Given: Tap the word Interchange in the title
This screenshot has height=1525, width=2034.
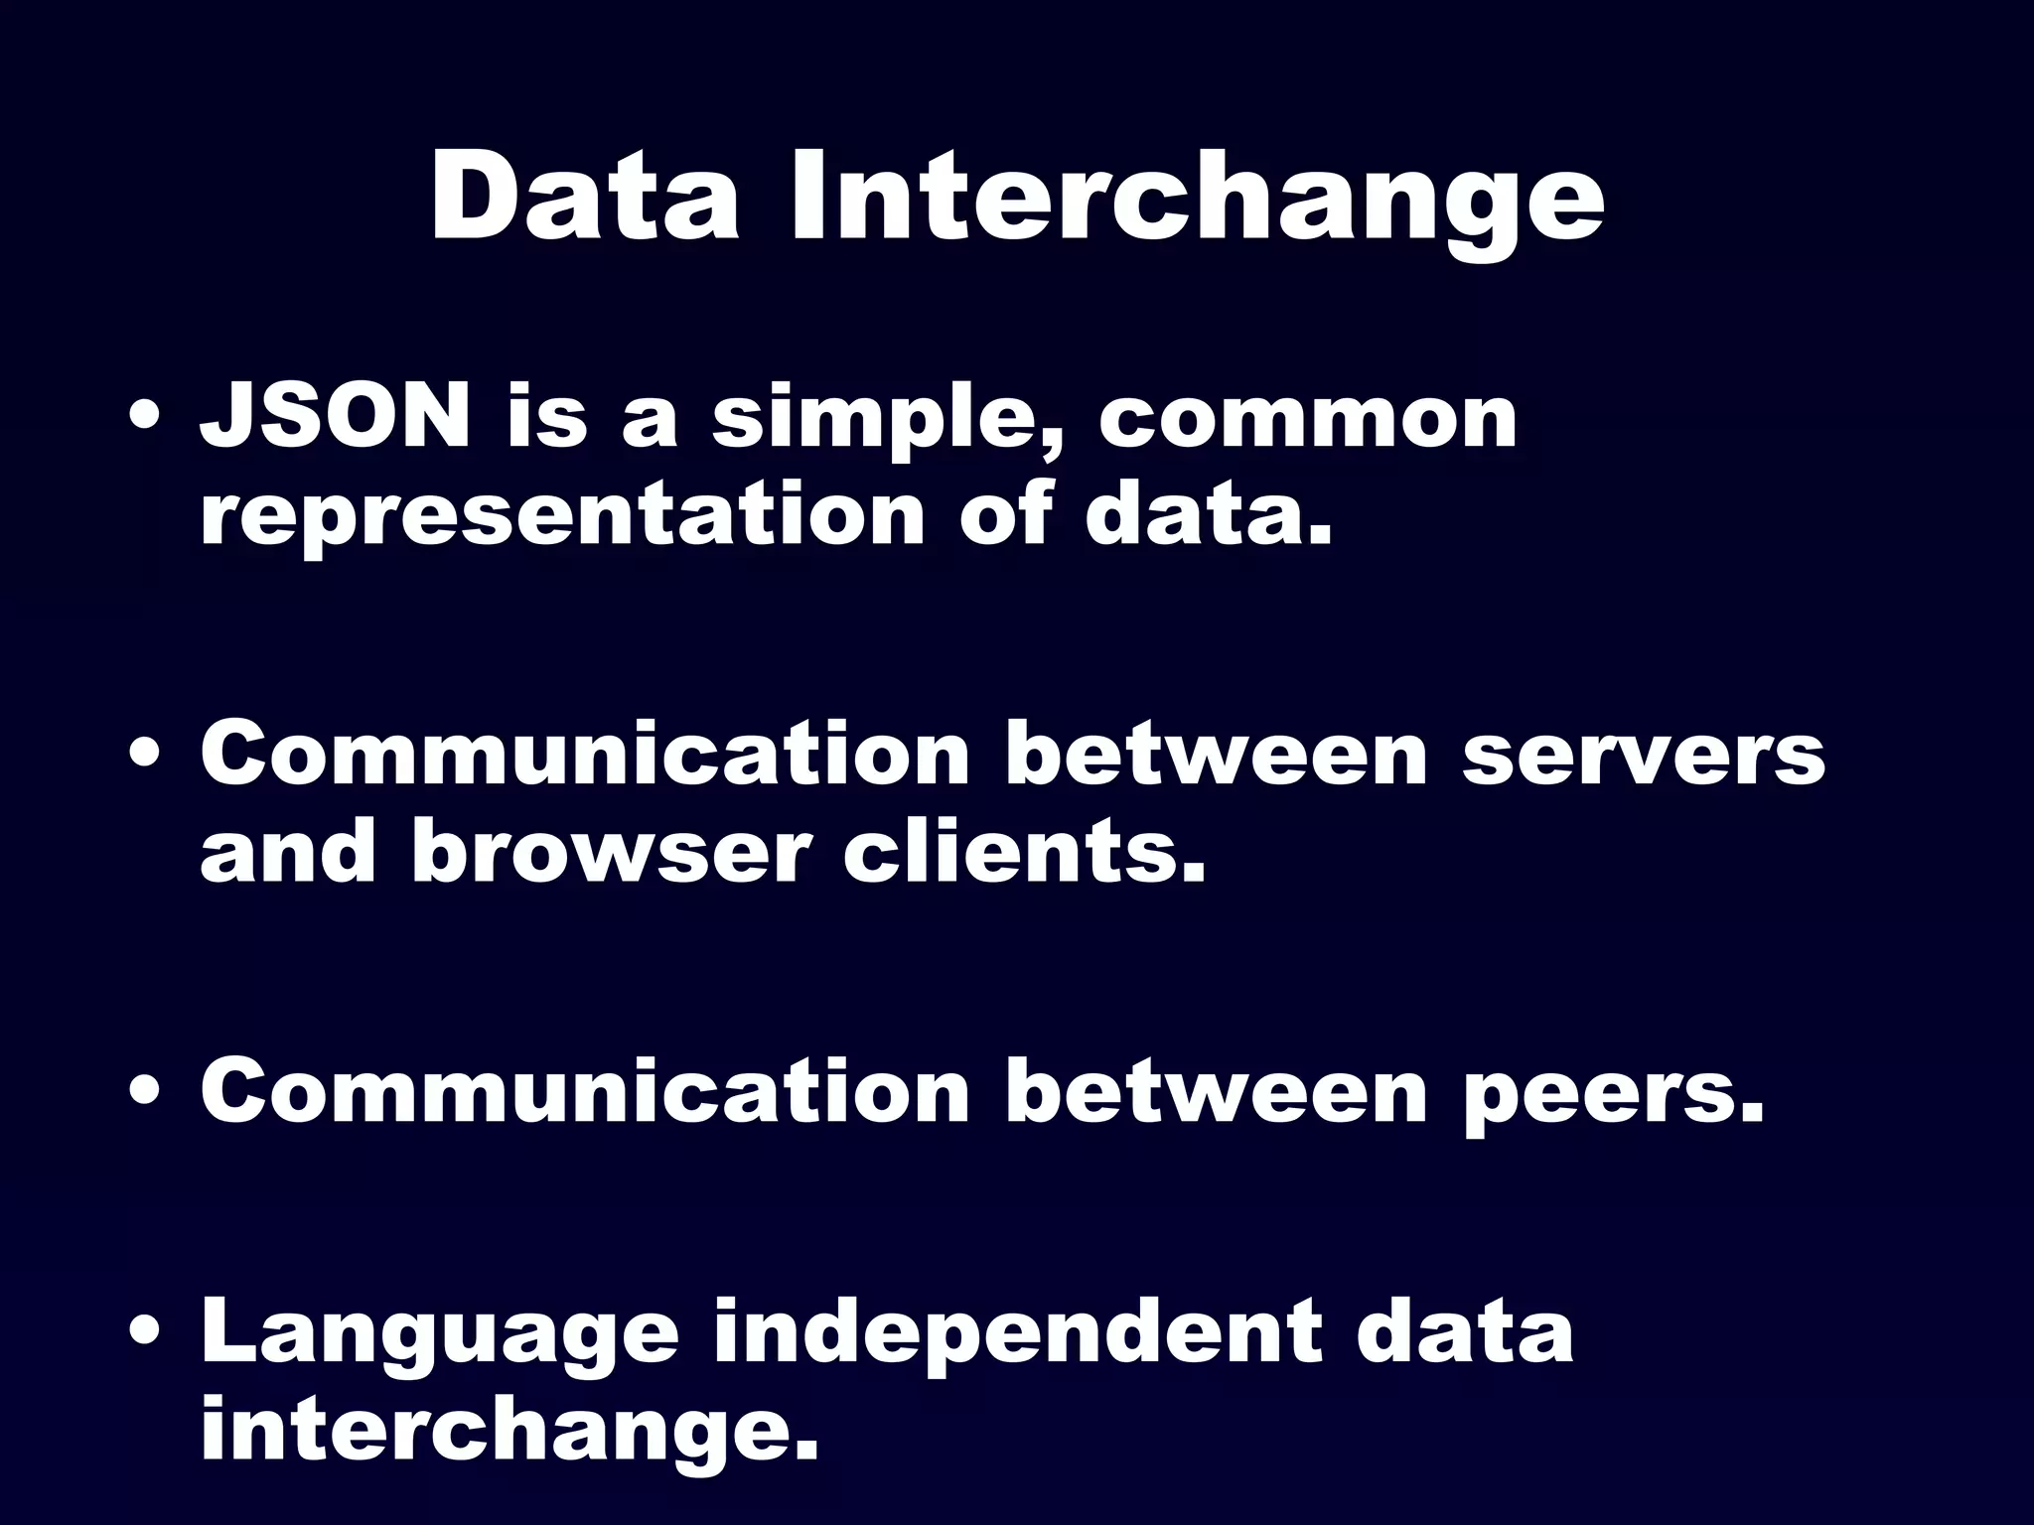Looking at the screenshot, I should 1196,199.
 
